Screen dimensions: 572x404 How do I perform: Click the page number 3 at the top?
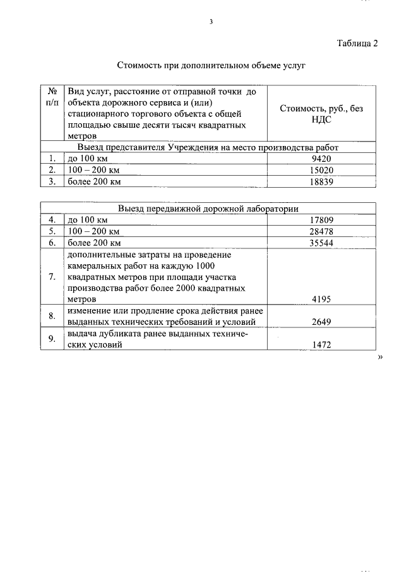pos(211,21)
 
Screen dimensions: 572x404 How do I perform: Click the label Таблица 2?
pos(357,44)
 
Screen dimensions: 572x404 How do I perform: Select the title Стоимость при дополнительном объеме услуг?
pos(211,65)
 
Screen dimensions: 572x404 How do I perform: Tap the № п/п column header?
pos(53,97)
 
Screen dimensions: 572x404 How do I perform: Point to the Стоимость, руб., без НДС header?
pos(321,113)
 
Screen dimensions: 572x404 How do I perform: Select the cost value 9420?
pos(321,159)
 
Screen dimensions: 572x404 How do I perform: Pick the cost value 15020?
pos(321,171)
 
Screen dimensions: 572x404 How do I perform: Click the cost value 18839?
pos(321,182)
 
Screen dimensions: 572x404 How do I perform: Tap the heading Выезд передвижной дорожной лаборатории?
pos(208,209)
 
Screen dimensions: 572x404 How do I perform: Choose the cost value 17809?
pos(321,220)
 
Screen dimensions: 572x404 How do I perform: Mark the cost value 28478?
pos(321,231)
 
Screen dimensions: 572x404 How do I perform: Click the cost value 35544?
pos(321,243)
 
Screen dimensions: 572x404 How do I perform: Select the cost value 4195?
pos(321,300)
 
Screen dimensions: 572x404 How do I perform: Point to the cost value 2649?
pos(321,322)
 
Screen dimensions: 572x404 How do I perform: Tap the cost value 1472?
pos(321,345)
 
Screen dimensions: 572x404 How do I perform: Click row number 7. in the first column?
pos(53,277)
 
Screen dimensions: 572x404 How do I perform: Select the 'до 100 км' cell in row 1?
pos(88,159)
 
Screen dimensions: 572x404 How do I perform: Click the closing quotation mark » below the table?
pos(380,357)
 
